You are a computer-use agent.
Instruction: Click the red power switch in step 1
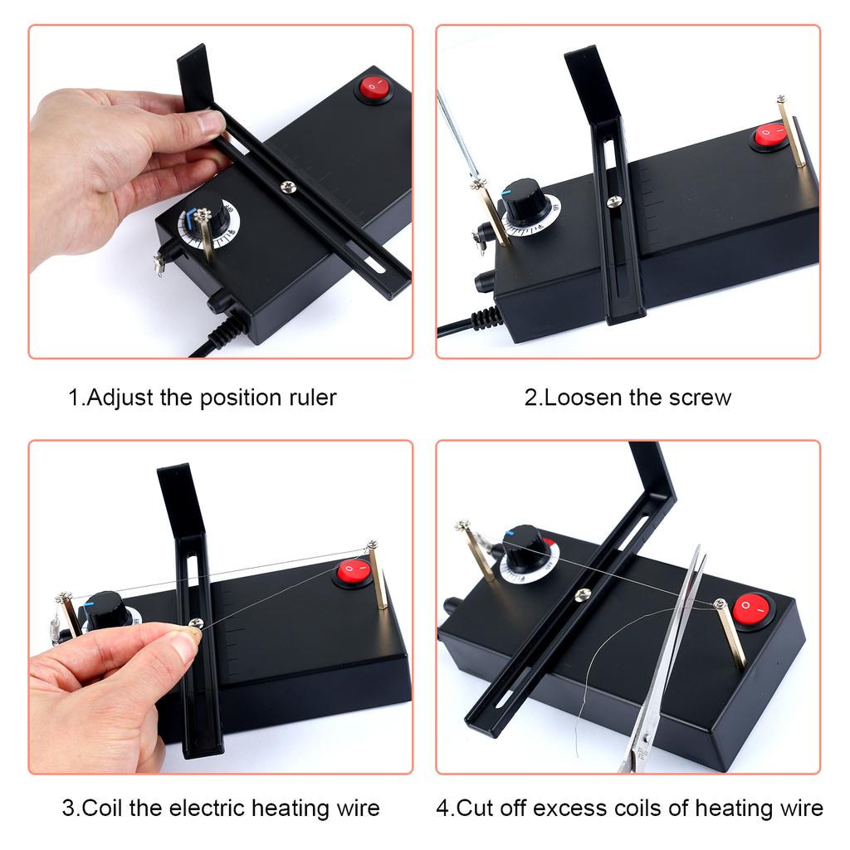[x=374, y=87]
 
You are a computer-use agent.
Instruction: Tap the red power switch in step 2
[x=769, y=134]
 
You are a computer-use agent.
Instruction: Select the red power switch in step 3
[x=353, y=571]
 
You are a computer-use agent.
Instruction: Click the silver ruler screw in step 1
[x=288, y=187]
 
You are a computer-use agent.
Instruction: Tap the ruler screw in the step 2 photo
[x=613, y=201]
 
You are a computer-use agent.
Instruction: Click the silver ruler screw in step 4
[x=583, y=594]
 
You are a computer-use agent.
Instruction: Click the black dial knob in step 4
[x=525, y=548]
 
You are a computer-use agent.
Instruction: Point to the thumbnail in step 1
[x=211, y=123]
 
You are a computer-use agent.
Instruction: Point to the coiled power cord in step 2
[x=486, y=319]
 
